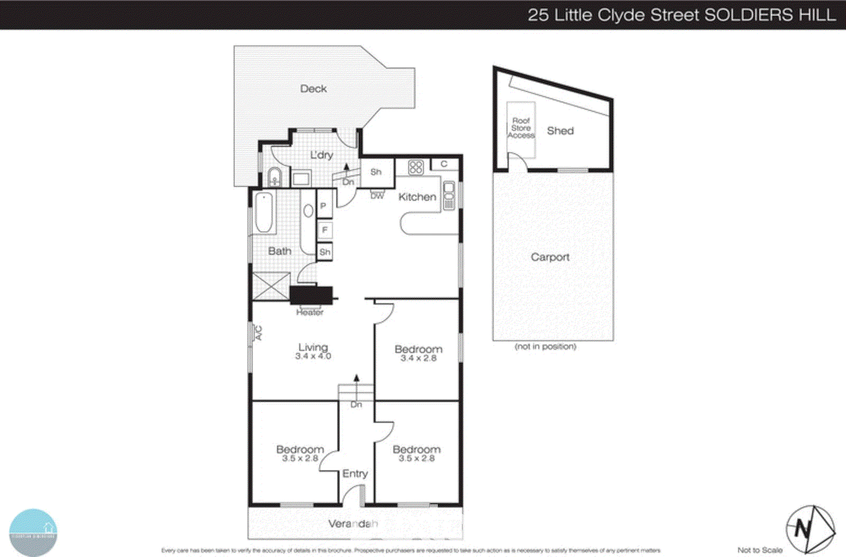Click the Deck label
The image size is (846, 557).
pyautogui.click(x=313, y=89)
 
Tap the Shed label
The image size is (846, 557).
pyautogui.click(x=560, y=131)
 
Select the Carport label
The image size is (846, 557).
pyautogui.click(x=550, y=257)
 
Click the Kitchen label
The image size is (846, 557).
pyautogui.click(x=417, y=197)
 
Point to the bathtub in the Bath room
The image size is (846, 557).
pyautogui.click(x=264, y=212)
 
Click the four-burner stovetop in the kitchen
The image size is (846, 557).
pyautogui.click(x=416, y=168)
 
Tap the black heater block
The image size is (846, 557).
pyautogui.click(x=311, y=295)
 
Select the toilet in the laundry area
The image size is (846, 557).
pyautogui.click(x=274, y=176)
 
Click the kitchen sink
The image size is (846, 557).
pyautogui.click(x=448, y=195)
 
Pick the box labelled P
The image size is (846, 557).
pyautogui.click(x=324, y=206)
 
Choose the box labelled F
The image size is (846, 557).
pyautogui.click(x=324, y=230)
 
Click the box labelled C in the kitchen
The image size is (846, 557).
pyautogui.click(x=444, y=164)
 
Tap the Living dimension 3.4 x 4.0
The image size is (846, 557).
pyautogui.click(x=313, y=356)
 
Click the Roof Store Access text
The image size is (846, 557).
pyautogui.click(x=521, y=128)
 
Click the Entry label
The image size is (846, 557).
pyautogui.click(x=354, y=474)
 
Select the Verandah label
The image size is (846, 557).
pyautogui.click(x=353, y=524)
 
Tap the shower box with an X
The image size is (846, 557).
pyautogui.click(x=271, y=286)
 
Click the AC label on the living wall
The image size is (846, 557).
pyautogui.click(x=259, y=333)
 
